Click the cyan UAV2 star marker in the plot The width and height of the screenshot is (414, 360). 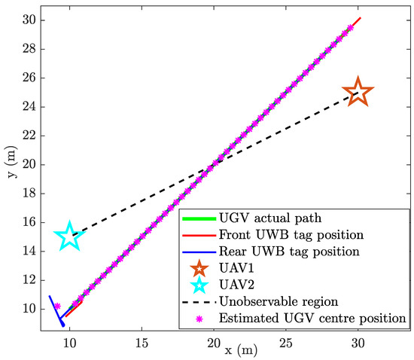[x=69, y=236]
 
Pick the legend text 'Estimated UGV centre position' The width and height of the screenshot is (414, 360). [x=312, y=319]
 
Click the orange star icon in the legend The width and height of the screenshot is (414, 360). [x=199, y=268]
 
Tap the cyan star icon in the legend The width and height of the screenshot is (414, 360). [x=199, y=285]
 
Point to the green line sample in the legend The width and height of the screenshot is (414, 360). [x=199, y=218]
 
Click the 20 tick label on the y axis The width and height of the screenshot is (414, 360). [x=29, y=164]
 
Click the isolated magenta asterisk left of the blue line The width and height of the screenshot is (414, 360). [x=56, y=306]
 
